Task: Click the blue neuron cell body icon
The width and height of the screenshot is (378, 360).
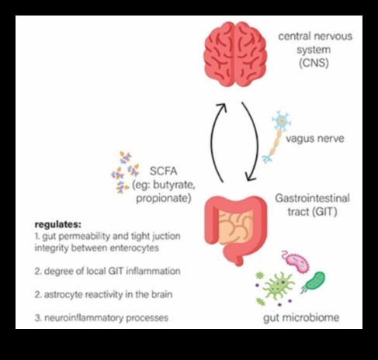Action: click(x=280, y=123)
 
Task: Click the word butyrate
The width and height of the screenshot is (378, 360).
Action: click(x=181, y=185)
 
